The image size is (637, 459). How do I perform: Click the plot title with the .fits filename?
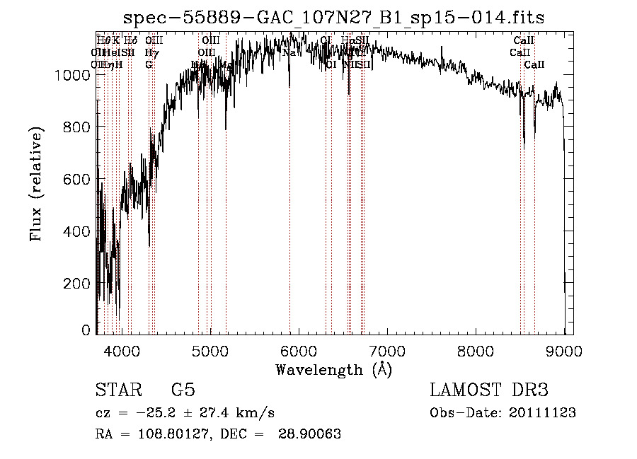pos(333,18)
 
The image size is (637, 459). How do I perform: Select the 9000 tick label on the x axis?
pos(565,350)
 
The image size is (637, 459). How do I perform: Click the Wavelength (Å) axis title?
pos(333,369)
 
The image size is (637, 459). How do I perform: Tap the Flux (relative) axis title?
pos(36,184)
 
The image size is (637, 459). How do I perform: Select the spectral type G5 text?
pos(183,390)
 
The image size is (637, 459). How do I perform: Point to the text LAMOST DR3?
pos(488,390)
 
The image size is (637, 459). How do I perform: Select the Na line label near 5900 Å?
pos(289,52)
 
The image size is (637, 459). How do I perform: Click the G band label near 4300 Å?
pos(149,64)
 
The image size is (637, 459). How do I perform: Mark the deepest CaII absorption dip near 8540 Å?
pos(524,145)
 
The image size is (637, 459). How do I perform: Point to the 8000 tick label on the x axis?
pos(476,350)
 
